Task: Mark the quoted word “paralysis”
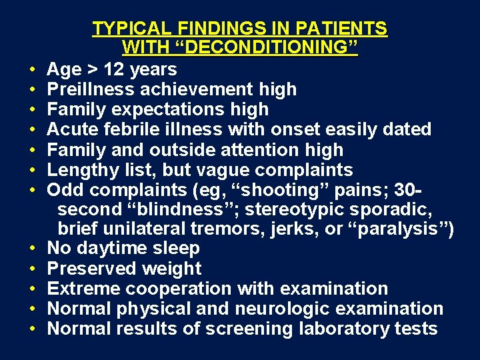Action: (x=399, y=229)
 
